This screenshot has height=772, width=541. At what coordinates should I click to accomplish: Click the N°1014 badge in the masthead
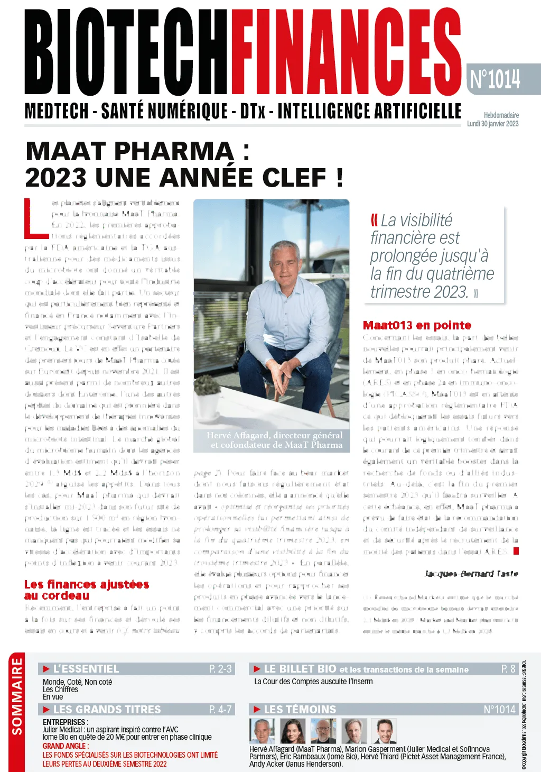496,79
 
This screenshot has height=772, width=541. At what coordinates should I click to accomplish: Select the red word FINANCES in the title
346,53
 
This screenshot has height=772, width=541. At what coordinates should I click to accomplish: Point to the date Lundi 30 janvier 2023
492,124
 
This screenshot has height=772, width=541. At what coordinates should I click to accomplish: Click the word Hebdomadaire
501,115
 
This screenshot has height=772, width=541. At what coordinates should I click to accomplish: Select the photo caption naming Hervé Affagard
275,440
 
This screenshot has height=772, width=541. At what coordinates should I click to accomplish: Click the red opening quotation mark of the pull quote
374,219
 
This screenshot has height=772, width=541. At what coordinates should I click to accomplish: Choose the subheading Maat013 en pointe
417,325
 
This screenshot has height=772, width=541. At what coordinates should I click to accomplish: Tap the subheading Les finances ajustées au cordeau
86,590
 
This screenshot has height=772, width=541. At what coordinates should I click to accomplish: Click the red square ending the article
516,551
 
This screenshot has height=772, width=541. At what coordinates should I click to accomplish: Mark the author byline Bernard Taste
471,574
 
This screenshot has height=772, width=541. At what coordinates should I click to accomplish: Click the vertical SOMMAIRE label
17,696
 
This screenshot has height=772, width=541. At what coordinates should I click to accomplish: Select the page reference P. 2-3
220,669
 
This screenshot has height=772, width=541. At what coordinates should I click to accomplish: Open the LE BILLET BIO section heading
300,669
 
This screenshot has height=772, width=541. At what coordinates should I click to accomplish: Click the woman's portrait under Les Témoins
292,731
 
